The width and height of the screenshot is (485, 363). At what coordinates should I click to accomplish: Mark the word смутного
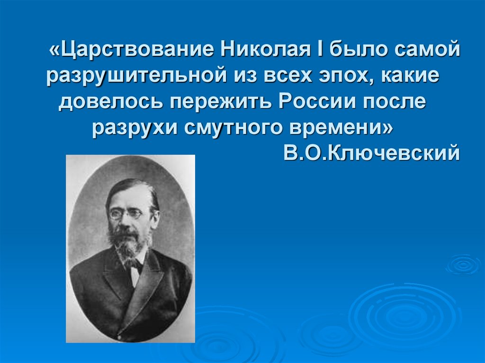(x=225, y=128)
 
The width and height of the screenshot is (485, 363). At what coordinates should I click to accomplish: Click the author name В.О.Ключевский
(x=371, y=153)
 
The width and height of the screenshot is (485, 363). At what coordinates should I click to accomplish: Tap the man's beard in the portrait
(x=128, y=244)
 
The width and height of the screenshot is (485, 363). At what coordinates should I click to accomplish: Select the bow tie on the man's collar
(x=135, y=263)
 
